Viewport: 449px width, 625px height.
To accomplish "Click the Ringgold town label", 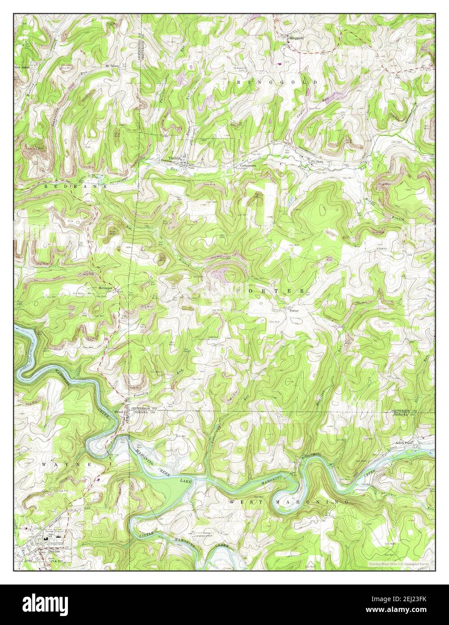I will (x=296, y=38).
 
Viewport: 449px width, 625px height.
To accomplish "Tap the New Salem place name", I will (x=22, y=67).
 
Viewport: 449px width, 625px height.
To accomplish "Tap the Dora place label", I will (x=319, y=161).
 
